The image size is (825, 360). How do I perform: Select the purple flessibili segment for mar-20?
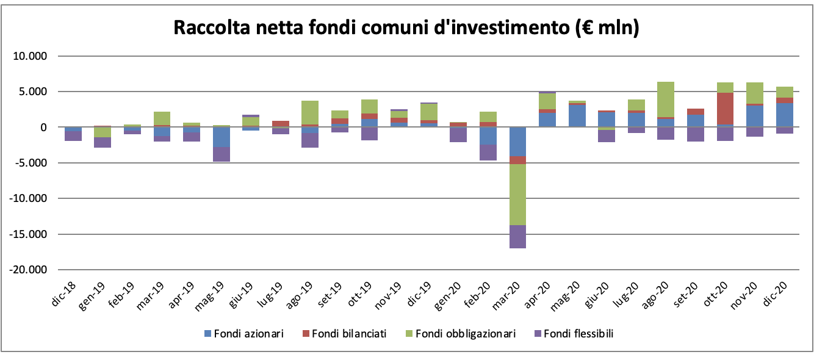click(x=517, y=237)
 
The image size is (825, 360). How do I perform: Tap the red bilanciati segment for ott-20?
click(x=726, y=109)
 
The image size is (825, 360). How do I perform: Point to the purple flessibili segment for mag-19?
click(x=221, y=154)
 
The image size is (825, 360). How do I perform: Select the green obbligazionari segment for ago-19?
click(x=310, y=113)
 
